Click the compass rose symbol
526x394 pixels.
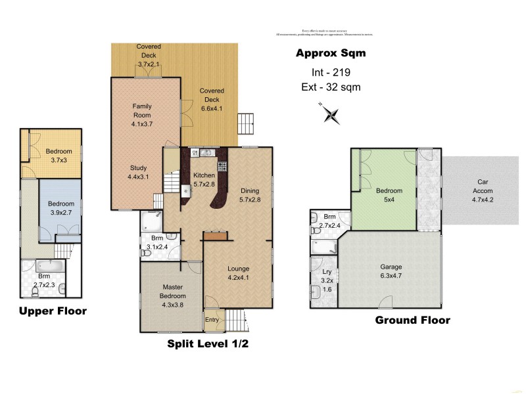[x=331, y=114]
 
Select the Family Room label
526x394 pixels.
[x=142, y=110]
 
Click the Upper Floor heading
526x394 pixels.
[x=53, y=311]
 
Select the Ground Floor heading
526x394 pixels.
[x=412, y=320]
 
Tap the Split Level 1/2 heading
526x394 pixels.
[x=208, y=343]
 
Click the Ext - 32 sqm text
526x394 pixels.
[x=329, y=87]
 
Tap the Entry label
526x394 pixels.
[x=212, y=319]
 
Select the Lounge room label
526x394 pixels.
[x=239, y=273]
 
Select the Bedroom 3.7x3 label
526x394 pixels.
[x=60, y=156]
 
